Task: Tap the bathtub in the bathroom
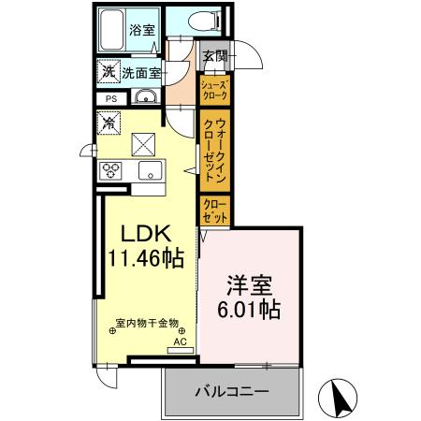[114, 34]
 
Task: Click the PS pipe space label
[109, 98]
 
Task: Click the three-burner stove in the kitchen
[112, 170]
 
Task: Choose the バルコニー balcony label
[232, 391]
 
